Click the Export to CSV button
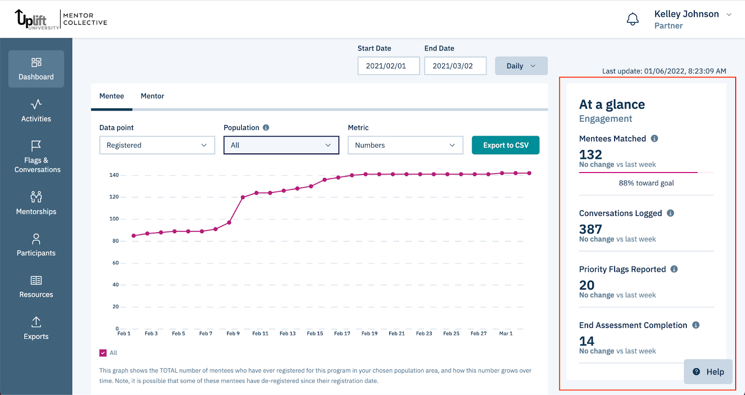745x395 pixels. [505, 145]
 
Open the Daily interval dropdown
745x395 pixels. [521, 66]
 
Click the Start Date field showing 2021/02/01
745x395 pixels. [388, 66]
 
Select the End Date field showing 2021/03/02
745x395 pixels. [455, 66]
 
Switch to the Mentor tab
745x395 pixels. [152, 96]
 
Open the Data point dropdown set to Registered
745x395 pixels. [157, 145]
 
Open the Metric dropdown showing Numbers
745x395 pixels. [405, 145]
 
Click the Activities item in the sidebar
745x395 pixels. [36, 111]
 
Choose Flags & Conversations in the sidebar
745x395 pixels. [37, 157]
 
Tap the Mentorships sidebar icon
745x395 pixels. [36, 197]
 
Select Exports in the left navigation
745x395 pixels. [36, 328]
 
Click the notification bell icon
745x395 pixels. [632, 20]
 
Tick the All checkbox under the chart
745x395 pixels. [103, 353]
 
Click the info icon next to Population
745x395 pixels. [266, 128]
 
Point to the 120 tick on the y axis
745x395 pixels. [114, 197]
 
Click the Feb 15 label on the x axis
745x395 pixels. [315, 333]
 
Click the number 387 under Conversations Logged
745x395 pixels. [590, 229]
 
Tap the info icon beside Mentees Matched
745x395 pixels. [654, 139]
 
